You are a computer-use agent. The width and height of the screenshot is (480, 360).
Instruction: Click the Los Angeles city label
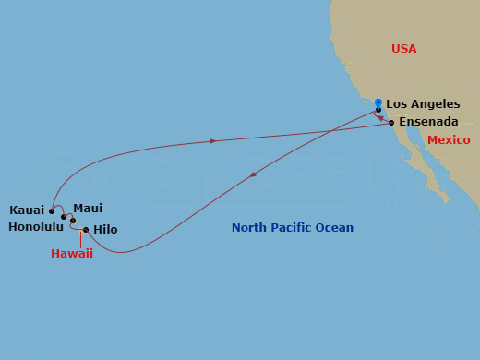tap(423, 104)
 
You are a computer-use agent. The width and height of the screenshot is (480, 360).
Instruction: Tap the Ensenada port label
tap(429, 122)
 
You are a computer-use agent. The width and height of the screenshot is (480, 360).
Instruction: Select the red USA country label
tap(403, 48)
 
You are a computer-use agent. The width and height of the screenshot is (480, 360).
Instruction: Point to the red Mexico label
tap(449, 140)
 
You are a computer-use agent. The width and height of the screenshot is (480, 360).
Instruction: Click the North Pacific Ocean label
tap(293, 228)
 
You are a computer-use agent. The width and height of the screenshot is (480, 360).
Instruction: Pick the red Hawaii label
tap(72, 254)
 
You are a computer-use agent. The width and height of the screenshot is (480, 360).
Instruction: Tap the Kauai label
tap(26, 210)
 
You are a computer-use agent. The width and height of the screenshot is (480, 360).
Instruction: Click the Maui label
tap(88, 209)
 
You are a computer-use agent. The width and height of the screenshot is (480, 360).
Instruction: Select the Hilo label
tap(105, 230)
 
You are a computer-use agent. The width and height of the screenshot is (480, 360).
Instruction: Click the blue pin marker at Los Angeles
tap(378, 102)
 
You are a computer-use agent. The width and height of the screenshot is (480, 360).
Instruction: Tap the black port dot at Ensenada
tap(391, 122)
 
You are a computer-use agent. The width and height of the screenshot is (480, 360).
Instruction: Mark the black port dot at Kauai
tap(52, 210)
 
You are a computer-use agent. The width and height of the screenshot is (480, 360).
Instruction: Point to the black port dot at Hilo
tap(86, 230)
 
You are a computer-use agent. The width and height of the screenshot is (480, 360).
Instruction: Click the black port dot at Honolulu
tap(64, 218)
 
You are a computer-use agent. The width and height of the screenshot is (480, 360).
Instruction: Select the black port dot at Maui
tap(73, 220)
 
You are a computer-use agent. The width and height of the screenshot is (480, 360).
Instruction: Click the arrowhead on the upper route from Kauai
tap(213, 141)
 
